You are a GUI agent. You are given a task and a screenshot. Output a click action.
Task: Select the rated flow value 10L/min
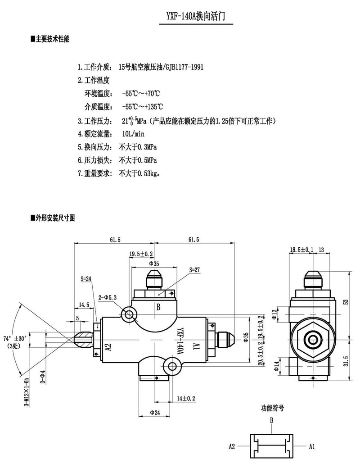pyautogui.click(x=133, y=134)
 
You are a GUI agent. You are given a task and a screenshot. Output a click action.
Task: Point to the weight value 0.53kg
pyautogui.click(x=150, y=173)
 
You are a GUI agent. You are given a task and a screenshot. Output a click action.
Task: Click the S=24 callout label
pyautogui.click(x=86, y=279)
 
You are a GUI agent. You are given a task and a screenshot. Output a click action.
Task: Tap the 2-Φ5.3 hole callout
pyautogui.click(x=108, y=297)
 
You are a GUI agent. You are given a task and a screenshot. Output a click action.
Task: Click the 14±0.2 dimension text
pyautogui.click(x=186, y=398)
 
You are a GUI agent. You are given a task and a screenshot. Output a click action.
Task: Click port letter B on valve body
pyautogui.click(x=158, y=308)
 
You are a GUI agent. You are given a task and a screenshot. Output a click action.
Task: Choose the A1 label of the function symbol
pyautogui.click(x=311, y=446)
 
